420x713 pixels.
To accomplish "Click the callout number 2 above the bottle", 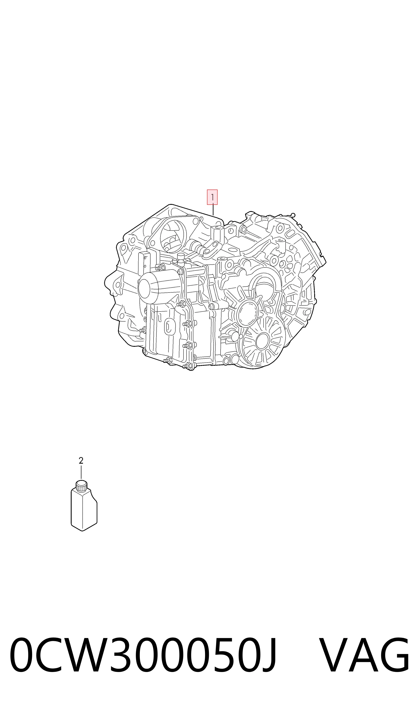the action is [x=81, y=461].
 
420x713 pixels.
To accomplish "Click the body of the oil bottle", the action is [x=84, y=510].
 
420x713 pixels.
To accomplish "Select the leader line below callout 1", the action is [x=213, y=210].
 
